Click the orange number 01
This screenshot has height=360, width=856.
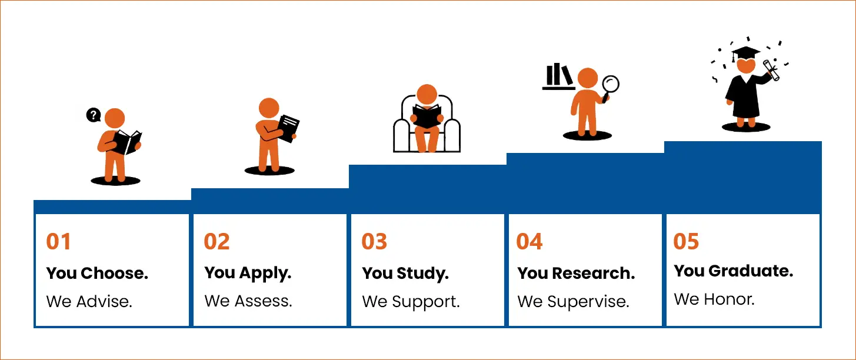pyautogui.click(x=58, y=242)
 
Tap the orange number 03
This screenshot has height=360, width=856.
pyautogui.click(x=375, y=242)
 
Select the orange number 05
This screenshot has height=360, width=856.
pyautogui.click(x=686, y=242)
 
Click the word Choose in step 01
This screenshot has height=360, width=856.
pyautogui.click(x=114, y=274)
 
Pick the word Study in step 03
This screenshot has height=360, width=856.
pyautogui.click(x=422, y=274)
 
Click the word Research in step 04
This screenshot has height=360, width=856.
pyautogui.click(x=594, y=274)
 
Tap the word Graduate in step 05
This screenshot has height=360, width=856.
pyautogui.click(x=751, y=271)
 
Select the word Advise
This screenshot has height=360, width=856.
pyautogui.click(x=104, y=302)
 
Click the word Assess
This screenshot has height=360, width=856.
pyautogui.click(x=264, y=301)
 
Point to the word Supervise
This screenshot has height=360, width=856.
pyautogui.click(x=588, y=302)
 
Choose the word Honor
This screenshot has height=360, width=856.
pyautogui.click(x=730, y=299)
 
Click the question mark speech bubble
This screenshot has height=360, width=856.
pyautogui.click(x=93, y=115)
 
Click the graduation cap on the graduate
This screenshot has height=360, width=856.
pyautogui.click(x=745, y=54)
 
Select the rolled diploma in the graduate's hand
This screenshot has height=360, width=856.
pyautogui.click(x=771, y=71)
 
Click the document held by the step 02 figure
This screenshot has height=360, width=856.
pyautogui.click(x=288, y=129)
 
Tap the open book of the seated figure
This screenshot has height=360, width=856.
pyautogui.click(x=427, y=116)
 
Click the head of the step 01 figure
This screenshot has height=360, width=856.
pyautogui.click(x=115, y=118)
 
